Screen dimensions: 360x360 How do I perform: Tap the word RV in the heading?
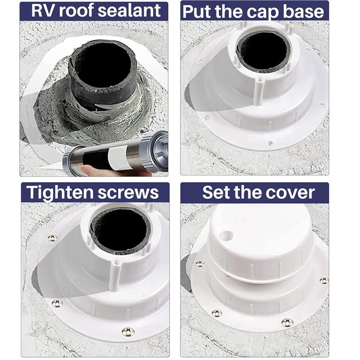point(42,11)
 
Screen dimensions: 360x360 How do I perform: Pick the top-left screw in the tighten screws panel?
point(52,238)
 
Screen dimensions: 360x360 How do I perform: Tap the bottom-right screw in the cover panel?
point(287,322)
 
